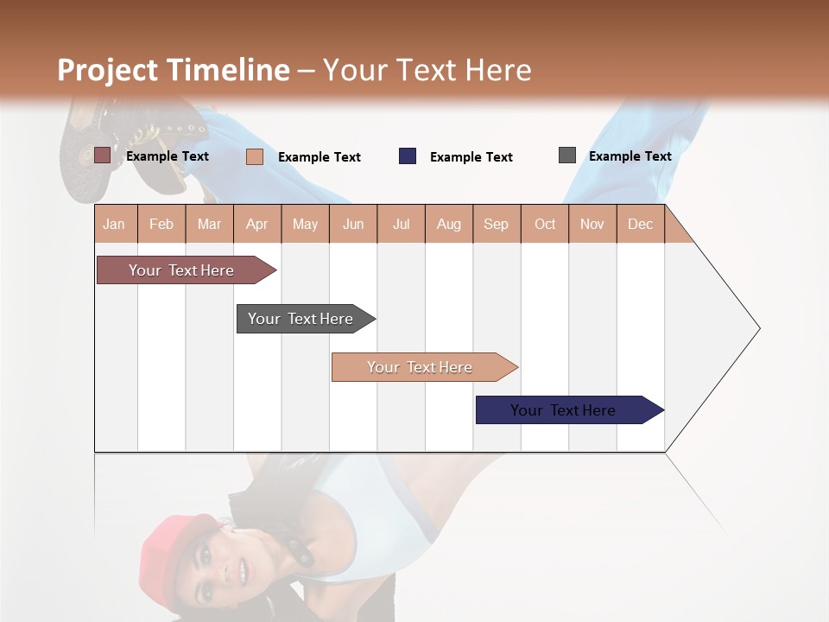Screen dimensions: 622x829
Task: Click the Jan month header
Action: pyautogui.click(x=114, y=224)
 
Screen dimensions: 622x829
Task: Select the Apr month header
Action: pyautogui.click(x=256, y=224)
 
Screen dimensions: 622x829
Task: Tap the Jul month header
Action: pyautogui.click(x=401, y=224)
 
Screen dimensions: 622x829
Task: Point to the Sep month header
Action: pyautogui.click(x=496, y=224)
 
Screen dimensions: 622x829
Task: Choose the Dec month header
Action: pyautogui.click(x=640, y=224)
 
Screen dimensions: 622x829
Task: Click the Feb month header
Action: pyautogui.click(x=161, y=224)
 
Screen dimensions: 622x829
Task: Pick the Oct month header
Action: pyautogui.click(x=545, y=224)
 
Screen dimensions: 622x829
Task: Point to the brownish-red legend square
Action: pyautogui.click(x=102, y=155)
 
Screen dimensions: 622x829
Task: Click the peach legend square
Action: pyautogui.click(x=255, y=156)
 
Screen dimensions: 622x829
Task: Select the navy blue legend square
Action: pyautogui.click(x=408, y=156)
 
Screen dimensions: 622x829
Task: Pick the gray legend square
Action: pyautogui.click(x=567, y=155)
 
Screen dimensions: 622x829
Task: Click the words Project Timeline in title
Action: pyautogui.click(x=174, y=70)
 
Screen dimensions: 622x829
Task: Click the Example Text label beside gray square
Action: pyautogui.click(x=630, y=156)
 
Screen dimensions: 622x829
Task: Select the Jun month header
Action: pyautogui.click(x=353, y=224)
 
